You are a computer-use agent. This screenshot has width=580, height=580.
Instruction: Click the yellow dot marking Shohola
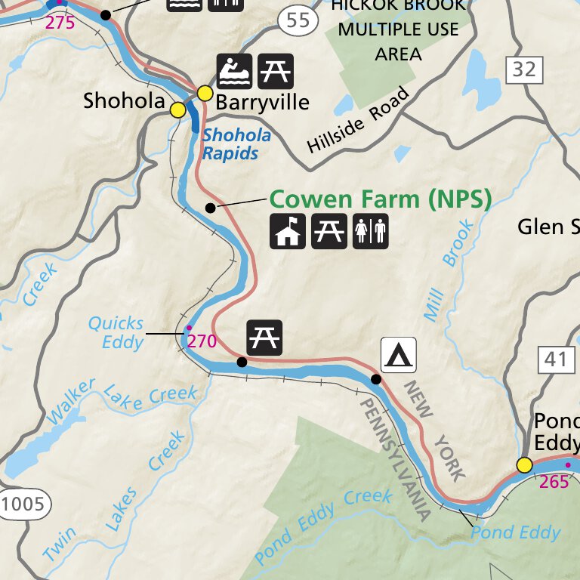(x=177, y=110)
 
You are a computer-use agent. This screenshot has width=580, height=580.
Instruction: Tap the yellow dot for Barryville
(x=205, y=93)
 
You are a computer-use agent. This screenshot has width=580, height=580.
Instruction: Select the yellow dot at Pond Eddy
(x=524, y=464)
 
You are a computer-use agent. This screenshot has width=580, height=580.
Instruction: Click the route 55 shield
(x=298, y=20)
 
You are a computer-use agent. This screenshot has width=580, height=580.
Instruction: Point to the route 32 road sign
(x=523, y=70)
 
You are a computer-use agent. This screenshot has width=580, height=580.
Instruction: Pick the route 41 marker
(x=554, y=359)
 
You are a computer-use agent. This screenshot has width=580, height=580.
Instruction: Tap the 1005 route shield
(x=24, y=504)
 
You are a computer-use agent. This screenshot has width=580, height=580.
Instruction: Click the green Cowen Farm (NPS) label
(x=380, y=199)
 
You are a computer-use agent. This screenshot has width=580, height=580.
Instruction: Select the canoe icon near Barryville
(x=235, y=72)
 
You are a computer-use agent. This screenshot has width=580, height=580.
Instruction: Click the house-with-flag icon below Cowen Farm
(x=288, y=231)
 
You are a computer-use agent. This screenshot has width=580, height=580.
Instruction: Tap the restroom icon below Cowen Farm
(x=370, y=231)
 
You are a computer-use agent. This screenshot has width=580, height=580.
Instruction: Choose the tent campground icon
(x=398, y=355)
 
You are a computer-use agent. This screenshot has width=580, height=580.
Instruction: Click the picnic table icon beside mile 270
(x=264, y=337)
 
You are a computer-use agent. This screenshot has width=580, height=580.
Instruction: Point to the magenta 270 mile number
(x=202, y=341)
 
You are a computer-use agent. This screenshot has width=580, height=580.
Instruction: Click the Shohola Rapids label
(x=236, y=144)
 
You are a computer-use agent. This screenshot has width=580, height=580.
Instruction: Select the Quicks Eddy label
(x=116, y=333)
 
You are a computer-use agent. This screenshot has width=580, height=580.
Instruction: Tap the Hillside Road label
(x=359, y=121)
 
